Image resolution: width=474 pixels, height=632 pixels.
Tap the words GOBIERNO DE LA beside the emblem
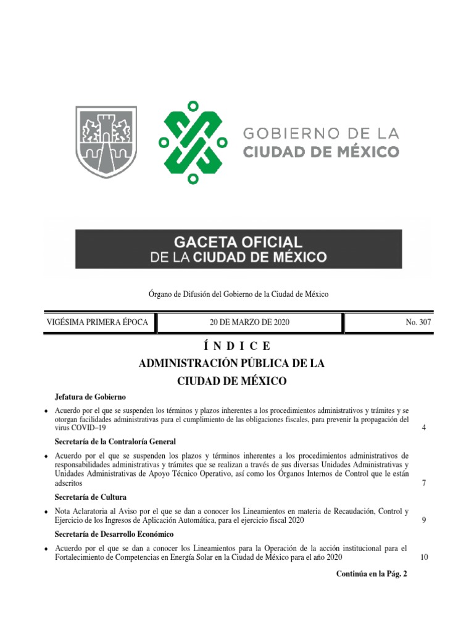322,133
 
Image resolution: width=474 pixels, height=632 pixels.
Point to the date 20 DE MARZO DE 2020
249,323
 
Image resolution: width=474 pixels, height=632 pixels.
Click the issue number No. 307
418,323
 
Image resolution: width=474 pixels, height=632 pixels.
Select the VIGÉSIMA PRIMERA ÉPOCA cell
98,323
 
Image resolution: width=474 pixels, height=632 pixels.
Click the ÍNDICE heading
231,346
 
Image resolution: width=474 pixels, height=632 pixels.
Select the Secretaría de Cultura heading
91,497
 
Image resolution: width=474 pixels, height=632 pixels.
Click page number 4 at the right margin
424,428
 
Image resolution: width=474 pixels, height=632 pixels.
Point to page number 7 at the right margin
424,483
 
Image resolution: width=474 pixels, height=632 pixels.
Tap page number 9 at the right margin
424,520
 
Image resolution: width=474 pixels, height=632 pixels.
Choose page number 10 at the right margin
424,557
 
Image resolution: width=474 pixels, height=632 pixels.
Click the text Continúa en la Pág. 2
372,574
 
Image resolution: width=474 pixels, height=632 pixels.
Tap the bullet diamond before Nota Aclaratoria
46,512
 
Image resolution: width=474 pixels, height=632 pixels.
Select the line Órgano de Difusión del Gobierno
237,294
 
